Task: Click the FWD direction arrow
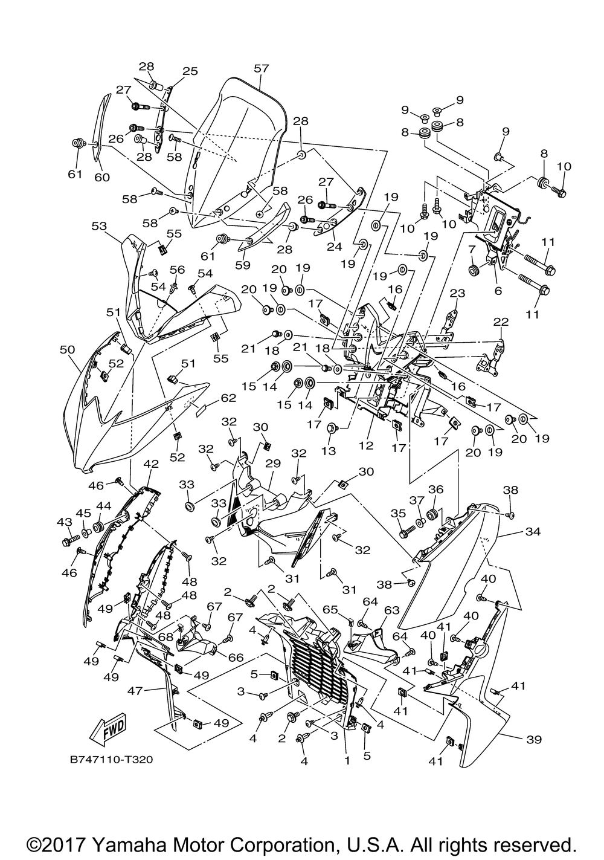click(x=109, y=725)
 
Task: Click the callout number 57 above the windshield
click(x=262, y=68)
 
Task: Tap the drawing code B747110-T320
click(x=111, y=760)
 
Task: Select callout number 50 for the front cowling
click(x=67, y=349)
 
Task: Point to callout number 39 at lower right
click(x=534, y=739)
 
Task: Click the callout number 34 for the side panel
click(x=533, y=531)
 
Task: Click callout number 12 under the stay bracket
click(x=366, y=445)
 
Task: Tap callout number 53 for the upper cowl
click(x=99, y=226)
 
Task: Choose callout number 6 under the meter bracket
click(x=498, y=291)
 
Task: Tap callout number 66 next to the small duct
click(x=236, y=658)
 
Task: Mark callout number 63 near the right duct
click(x=392, y=610)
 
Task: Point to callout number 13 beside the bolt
click(x=329, y=450)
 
